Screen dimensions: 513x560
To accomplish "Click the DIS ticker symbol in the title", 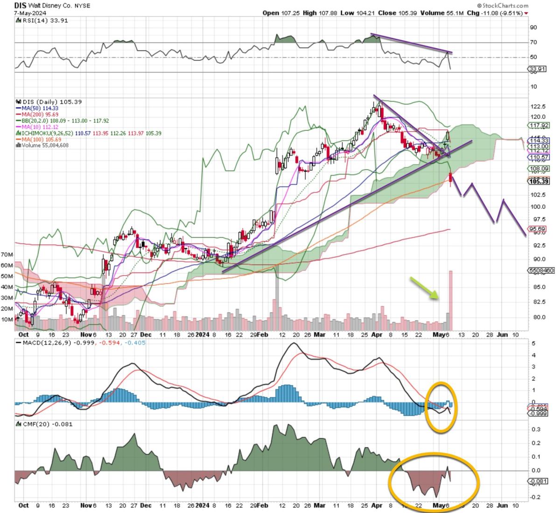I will (x=20, y=5).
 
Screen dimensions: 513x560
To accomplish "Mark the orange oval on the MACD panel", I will (x=441, y=407).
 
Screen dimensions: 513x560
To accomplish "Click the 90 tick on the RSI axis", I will (x=533, y=28).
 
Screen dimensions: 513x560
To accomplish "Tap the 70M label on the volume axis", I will (x=7, y=255).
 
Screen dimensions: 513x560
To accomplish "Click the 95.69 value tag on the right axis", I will (x=537, y=229).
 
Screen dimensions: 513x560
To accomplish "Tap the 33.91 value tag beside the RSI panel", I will (x=537, y=69).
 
